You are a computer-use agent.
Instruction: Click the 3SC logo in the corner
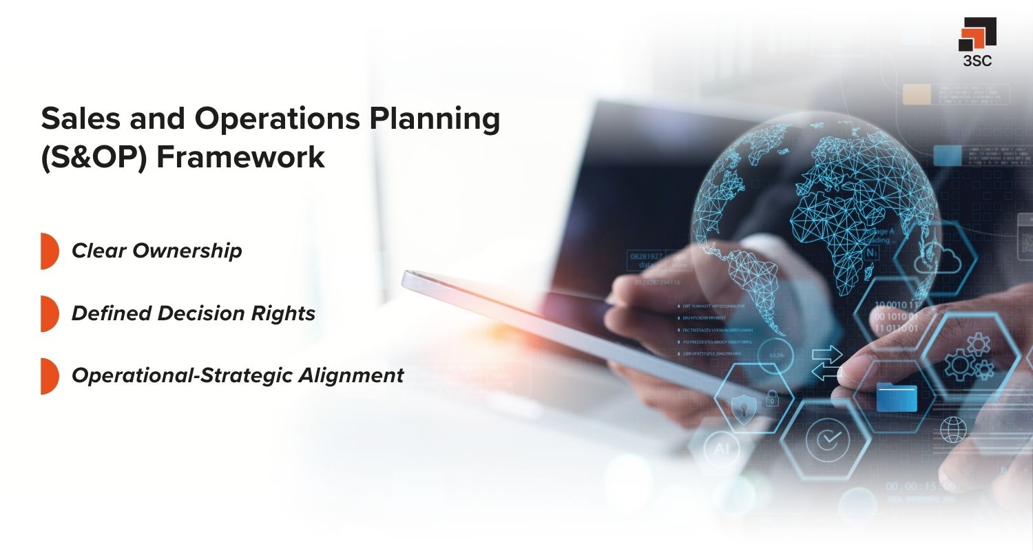977,41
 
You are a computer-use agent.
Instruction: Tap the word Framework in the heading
240,157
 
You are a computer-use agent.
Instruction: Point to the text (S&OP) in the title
94,157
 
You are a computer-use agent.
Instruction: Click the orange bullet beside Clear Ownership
48,251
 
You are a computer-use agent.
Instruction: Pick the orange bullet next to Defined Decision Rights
48,313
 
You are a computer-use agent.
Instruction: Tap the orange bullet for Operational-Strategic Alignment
48,375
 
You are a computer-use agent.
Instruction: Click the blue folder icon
897,397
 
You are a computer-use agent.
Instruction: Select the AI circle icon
721,448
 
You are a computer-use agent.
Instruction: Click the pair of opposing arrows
827,364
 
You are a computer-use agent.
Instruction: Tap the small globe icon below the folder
954,429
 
